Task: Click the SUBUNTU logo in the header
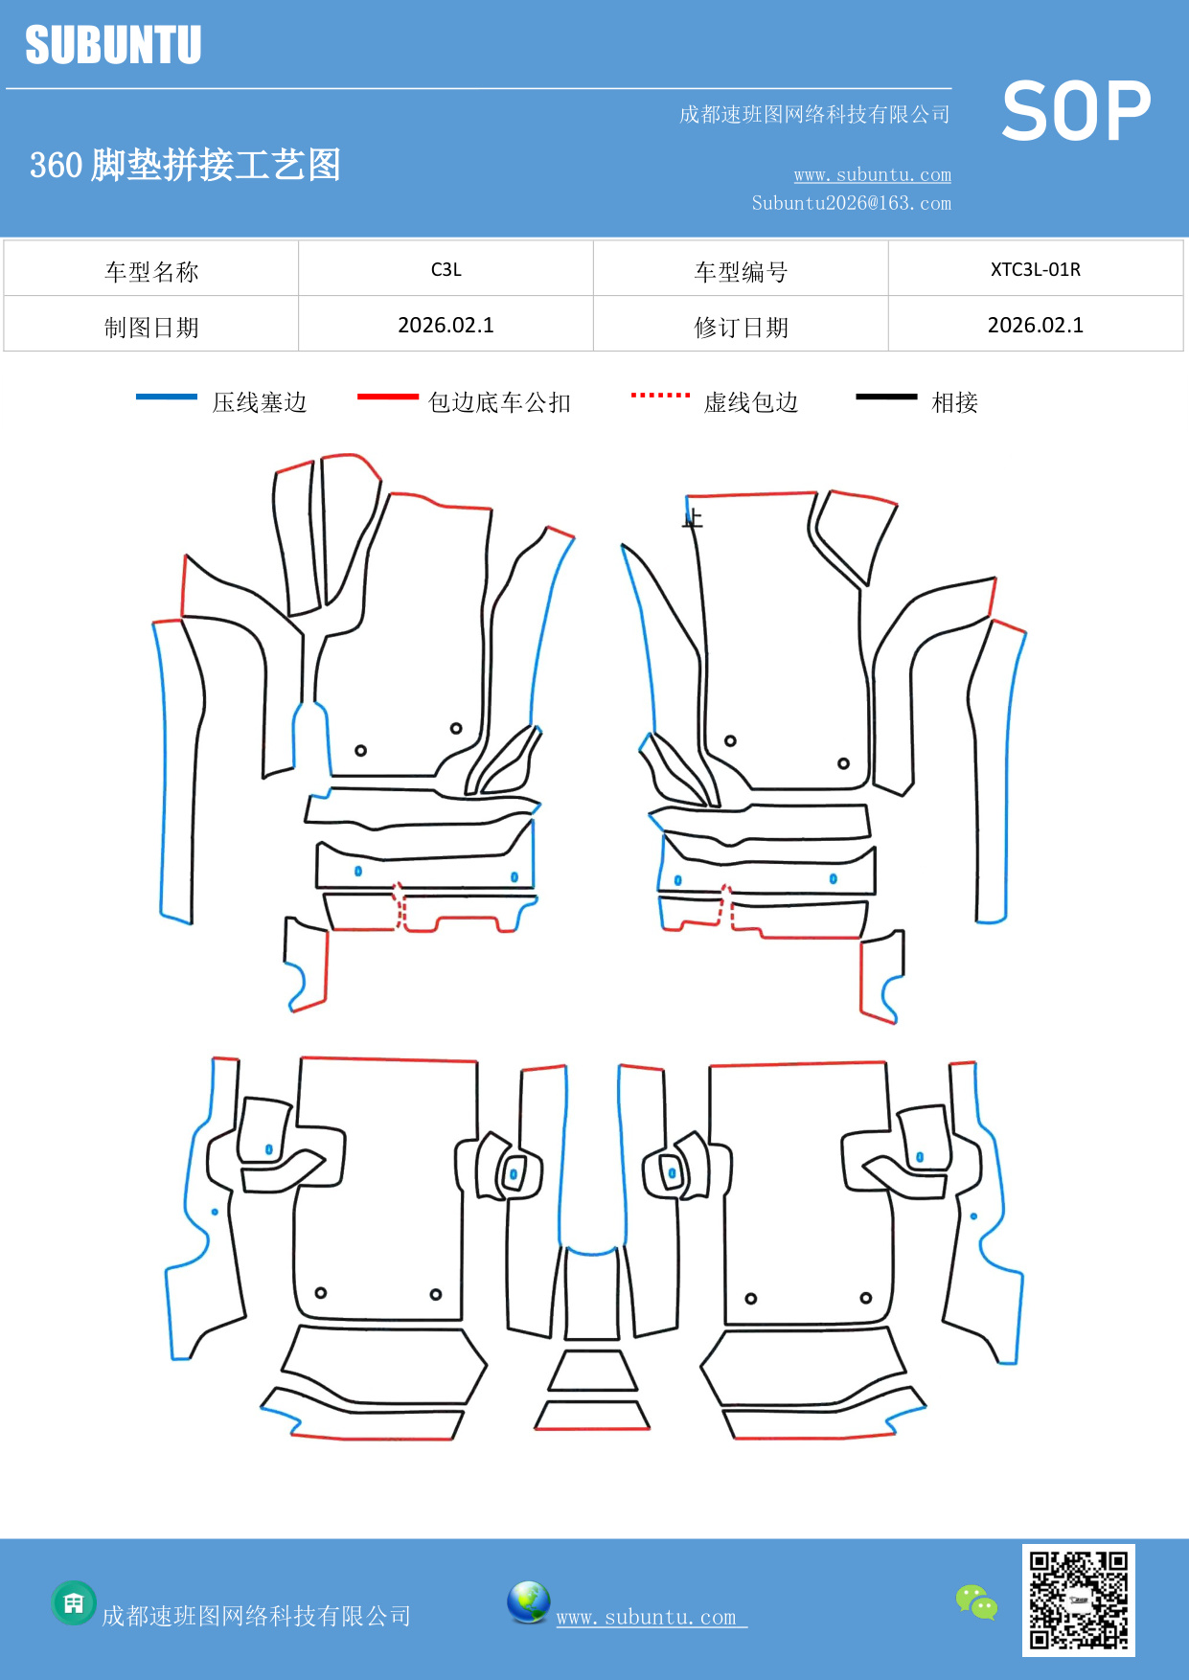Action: [x=113, y=45]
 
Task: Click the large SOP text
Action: [x=1076, y=112]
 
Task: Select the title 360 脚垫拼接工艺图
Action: [x=185, y=165]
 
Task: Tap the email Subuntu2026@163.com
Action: [x=851, y=203]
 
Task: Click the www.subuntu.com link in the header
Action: [x=872, y=174]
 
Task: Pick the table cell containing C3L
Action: [x=446, y=269]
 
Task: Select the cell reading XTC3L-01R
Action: [x=1035, y=269]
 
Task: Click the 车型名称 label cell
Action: [x=151, y=271]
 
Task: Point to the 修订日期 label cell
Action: [x=741, y=327]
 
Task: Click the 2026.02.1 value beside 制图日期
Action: [x=446, y=325]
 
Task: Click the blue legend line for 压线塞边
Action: [x=167, y=397]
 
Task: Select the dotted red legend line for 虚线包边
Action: [x=660, y=395]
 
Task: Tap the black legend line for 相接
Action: [x=886, y=397]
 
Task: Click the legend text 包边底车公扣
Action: [x=499, y=402]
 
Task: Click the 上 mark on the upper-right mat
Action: [x=693, y=520]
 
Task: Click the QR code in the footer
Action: [x=1078, y=1600]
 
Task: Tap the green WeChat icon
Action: [x=976, y=1601]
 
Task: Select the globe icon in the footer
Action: [x=528, y=1601]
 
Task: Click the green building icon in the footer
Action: [x=74, y=1602]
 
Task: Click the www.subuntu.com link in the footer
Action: [x=647, y=1617]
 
